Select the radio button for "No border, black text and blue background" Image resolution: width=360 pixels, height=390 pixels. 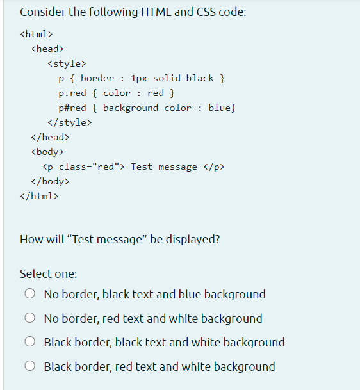click(30, 293)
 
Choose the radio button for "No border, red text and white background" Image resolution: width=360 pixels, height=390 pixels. click(30, 318)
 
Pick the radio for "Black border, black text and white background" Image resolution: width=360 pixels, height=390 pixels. click(30, 341)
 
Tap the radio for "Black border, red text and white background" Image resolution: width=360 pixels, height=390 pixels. click(30, 366)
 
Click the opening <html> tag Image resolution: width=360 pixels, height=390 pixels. click(37, 34)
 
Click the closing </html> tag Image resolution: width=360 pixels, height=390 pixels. click(39, 196)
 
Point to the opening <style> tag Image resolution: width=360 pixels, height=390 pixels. click(67, 63)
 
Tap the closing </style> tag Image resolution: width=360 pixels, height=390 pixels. click(69, 122)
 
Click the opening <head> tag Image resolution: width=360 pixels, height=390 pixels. click(47, 49)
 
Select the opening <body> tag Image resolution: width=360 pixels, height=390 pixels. click(47, 152)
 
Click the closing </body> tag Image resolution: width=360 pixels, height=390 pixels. click(50, 181)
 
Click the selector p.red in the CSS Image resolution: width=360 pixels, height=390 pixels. click(72, 93)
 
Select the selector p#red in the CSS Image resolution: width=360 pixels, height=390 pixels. click(72, 108)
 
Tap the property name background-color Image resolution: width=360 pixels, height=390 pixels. click(147, 108)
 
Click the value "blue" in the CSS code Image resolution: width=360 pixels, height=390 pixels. click(220, 108)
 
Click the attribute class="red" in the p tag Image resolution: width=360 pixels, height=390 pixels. click(89, 167)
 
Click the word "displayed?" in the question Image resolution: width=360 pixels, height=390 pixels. click(193, 240)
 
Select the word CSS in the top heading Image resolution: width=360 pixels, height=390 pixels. click(206, 12)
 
